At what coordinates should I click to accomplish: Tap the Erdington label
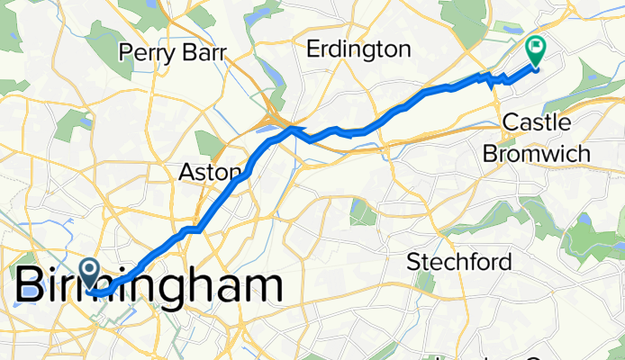[x=358, y=49]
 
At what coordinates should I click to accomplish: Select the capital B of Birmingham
[x=31, y=284]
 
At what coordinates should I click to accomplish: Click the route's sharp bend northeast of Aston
[x=291, y=130]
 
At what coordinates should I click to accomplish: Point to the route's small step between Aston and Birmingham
[x=190, y=230]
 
